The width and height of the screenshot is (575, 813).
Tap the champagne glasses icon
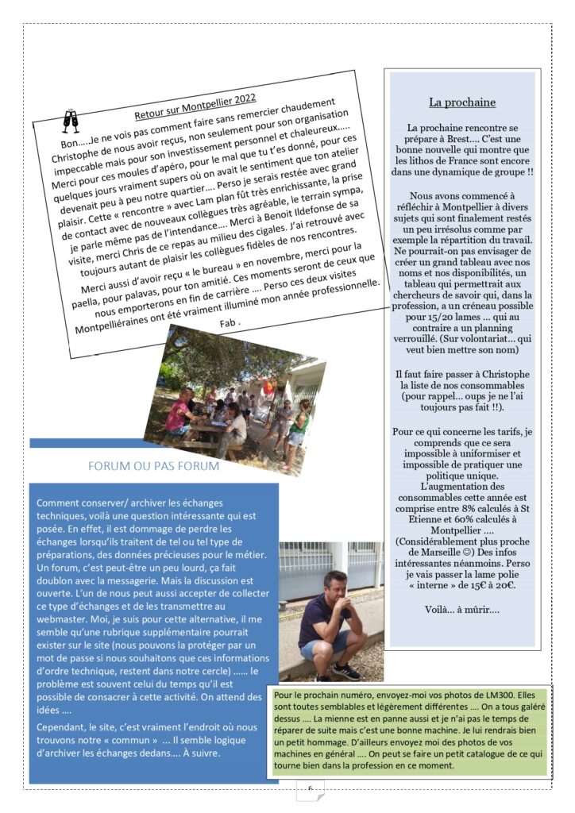pyautogui.click(x=71, y=121)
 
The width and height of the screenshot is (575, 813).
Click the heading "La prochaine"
pyautogui.click(x=462, y=102)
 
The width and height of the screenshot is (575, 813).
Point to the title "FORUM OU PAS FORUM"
pyautogui.click(x=154, y=466)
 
